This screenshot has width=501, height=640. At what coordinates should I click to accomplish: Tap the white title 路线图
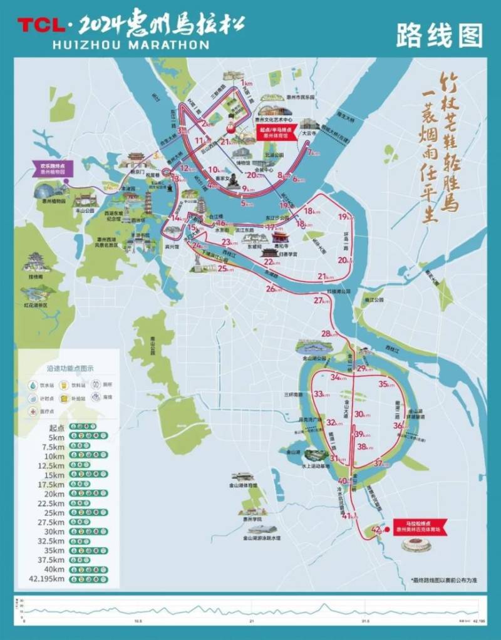440,36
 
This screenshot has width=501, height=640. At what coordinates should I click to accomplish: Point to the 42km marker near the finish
376,530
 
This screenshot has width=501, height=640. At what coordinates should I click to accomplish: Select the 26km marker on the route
271,289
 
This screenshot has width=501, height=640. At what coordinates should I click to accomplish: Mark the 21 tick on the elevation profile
250,621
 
